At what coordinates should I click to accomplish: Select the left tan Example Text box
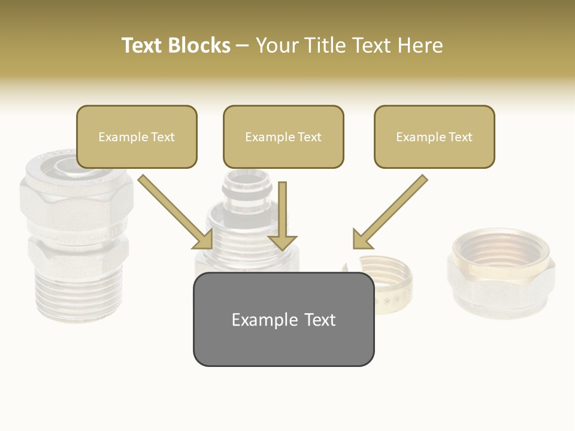(137, 137)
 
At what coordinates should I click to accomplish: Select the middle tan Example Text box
(283, 137)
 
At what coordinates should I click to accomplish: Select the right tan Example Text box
(434, 137)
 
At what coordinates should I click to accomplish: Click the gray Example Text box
(283, 319)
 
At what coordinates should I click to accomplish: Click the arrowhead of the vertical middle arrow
(282, 242)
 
